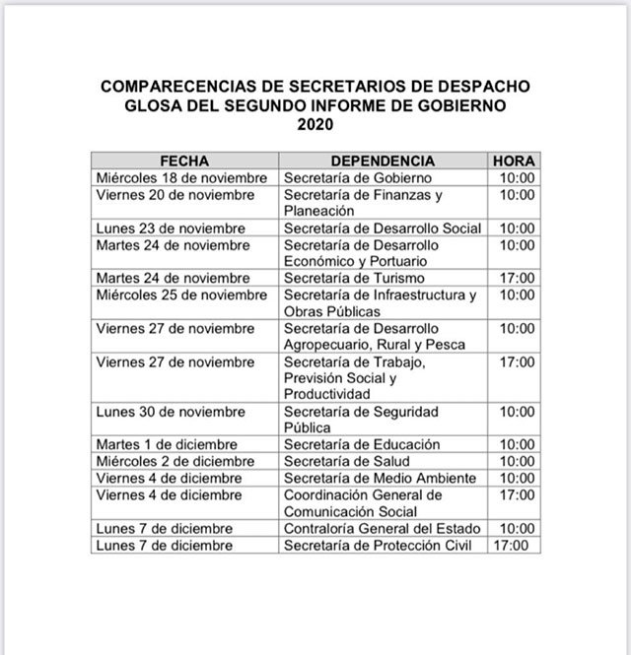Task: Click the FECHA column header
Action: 184,161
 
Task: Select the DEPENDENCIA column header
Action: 383,161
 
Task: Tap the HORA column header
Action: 514,161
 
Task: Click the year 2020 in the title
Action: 315,125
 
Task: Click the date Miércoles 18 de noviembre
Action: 182,178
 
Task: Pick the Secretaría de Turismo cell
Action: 355,279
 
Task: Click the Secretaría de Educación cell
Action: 362,445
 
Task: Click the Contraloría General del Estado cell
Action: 382,529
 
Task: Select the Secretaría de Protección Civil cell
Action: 379,546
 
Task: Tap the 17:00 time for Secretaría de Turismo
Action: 518,279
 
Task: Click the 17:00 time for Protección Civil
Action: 511,546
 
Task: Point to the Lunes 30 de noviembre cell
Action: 171,412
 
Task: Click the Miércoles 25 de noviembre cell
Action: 181,295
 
